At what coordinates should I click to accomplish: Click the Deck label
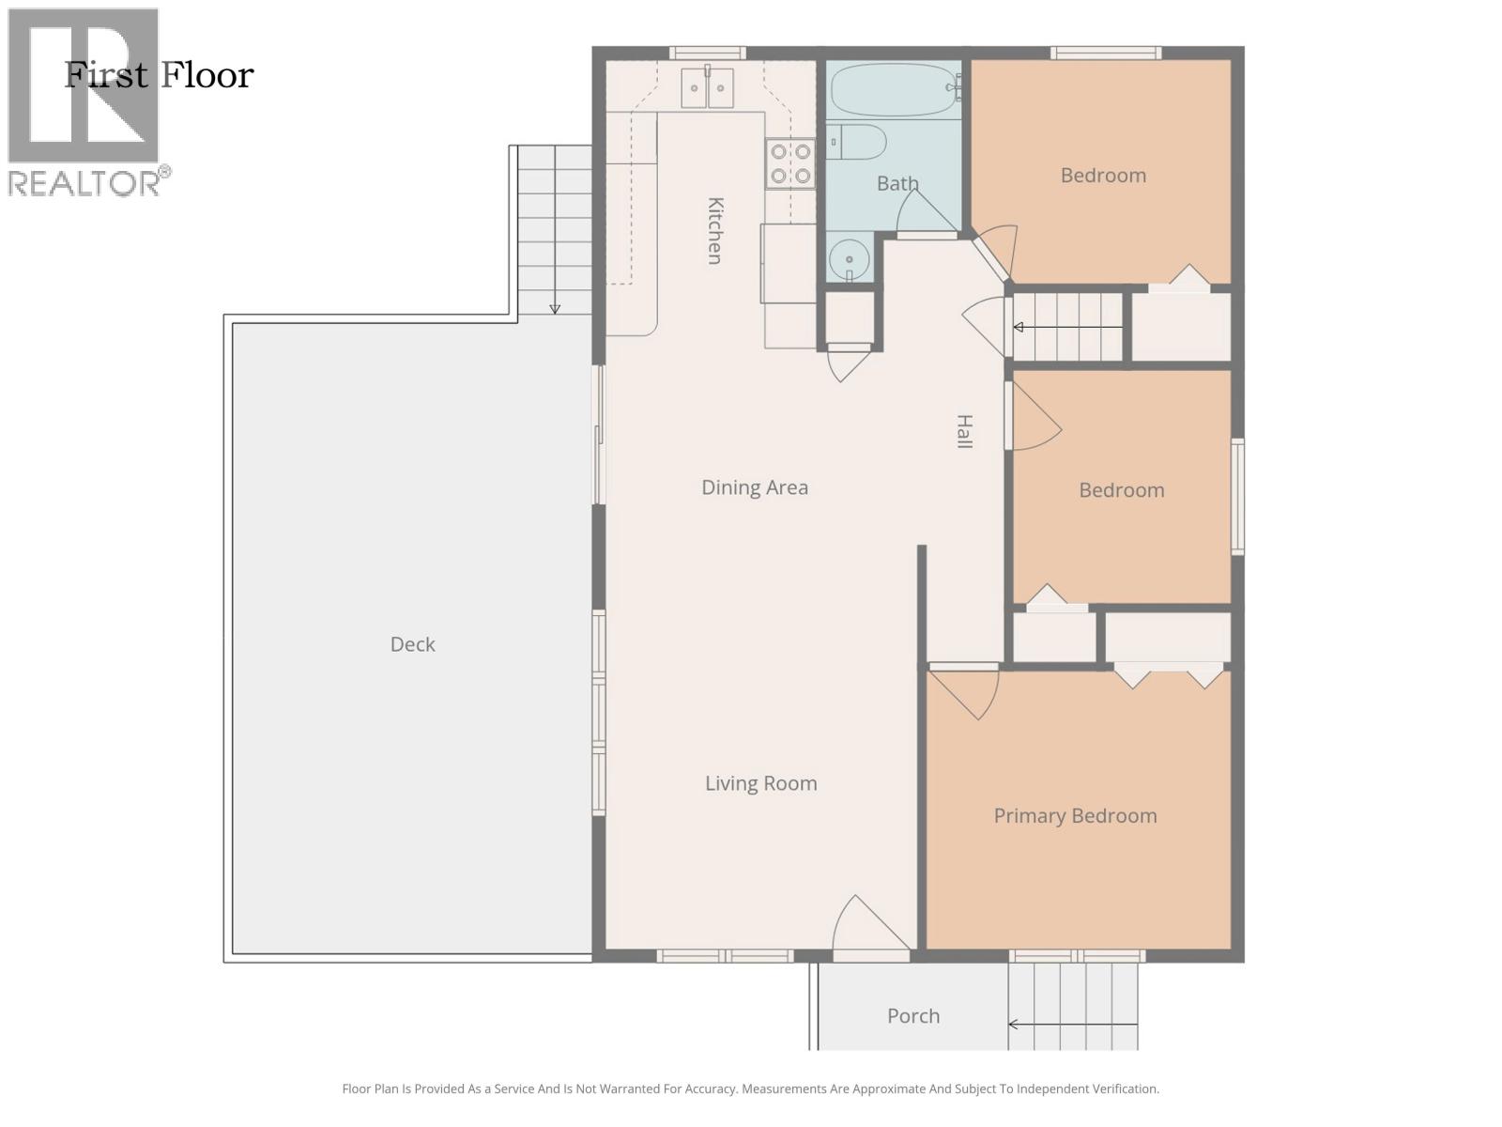point(412,644)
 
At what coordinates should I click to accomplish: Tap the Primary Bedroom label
point(1075,815)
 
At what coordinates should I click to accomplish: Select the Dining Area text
point(754,487)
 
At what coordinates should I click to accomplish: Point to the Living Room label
point(760,783)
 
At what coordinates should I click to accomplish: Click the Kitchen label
point(714,230)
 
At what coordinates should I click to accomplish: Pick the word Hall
point(964,431)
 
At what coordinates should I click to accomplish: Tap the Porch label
point(912,1015)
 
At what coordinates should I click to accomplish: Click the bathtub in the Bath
point(893,90)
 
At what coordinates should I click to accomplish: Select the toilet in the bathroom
point(856,142)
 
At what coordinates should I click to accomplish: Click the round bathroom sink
point(850,258)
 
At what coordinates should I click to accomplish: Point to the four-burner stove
point(789,163)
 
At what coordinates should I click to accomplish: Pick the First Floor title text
point(159,75)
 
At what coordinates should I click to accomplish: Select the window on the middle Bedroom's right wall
point(1237,496)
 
